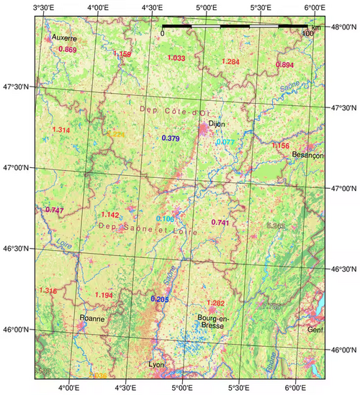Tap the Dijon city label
point(217,124)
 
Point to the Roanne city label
point(92,318)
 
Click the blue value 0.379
point(171,138)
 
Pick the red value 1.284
point(230,62)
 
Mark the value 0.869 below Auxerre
point(66,50)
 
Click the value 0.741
point(220,223)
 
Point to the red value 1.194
point(104,296)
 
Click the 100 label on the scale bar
point(307,34)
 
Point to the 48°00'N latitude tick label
point(341,27)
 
